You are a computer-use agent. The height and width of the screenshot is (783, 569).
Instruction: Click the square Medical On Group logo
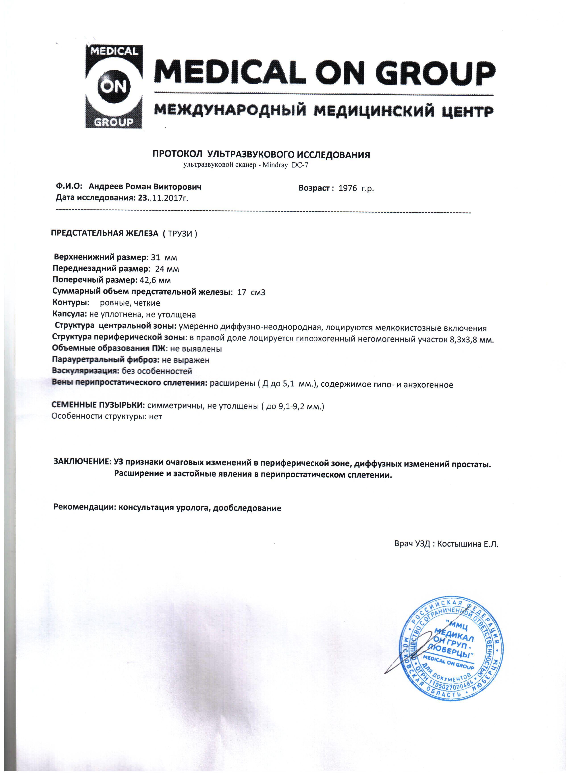[114, 87]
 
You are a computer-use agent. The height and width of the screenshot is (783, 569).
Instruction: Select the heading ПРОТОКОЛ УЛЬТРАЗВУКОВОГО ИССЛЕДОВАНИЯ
[261, 155]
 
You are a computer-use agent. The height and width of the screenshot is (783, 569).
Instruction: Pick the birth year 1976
[348, 188]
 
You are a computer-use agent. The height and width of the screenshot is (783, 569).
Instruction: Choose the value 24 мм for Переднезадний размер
[167, 269]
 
